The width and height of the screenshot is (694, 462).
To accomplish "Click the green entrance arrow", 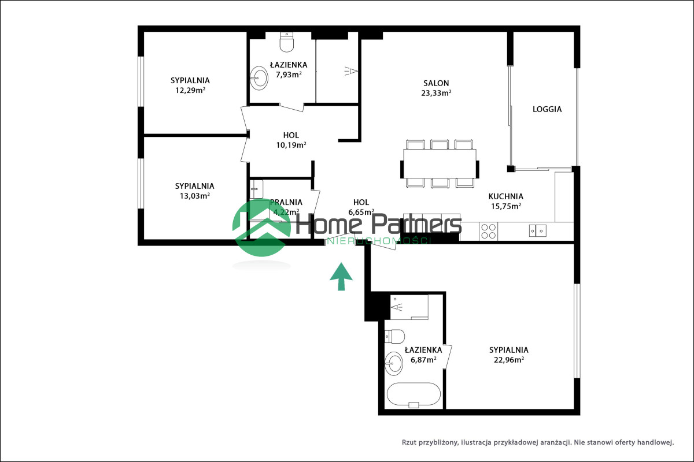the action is (341, 277).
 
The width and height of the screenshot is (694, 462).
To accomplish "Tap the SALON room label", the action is (436, 83).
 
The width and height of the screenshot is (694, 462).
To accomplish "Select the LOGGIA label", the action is (547, 109).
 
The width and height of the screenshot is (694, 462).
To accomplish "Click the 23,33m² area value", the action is (436, 93).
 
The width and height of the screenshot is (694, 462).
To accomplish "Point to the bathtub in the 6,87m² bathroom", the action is (414, 395).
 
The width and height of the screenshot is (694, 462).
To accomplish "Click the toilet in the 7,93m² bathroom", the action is (287, 42).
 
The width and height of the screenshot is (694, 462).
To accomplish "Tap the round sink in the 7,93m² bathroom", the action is (259, 78).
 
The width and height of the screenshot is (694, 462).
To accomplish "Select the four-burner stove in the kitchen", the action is (488, 232).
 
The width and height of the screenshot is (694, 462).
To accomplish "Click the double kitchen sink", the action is (537, 231).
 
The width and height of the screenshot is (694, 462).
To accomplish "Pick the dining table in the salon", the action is (440, 164).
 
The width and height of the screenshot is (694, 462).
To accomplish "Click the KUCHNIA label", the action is (506, 196).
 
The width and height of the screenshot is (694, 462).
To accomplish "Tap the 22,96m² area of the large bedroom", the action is (509, 360).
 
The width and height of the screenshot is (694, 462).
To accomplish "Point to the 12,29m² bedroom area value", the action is (190, 90).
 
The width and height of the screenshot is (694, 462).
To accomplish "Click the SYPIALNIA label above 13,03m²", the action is (194, 186).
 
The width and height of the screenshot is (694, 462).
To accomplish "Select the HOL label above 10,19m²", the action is (291, 135).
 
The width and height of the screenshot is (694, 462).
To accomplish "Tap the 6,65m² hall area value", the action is (361, 213).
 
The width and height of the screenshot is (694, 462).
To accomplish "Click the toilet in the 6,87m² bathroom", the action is (394, 336).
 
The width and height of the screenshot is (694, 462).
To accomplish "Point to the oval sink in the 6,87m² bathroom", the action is (394, 363).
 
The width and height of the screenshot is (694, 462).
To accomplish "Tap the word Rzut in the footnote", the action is (409, 442).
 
